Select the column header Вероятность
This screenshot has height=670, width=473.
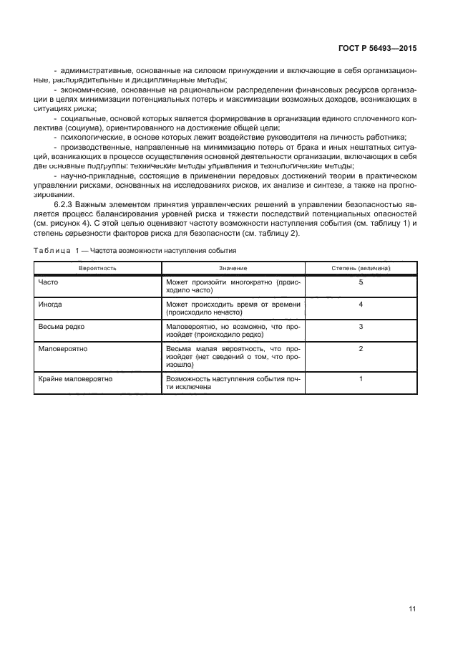pyautogui.click(x=98, y=267)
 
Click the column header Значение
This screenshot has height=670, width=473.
pyautogui.click(x=233, y=267)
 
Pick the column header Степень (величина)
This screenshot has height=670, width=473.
pyautogui.click(x=361, y=267)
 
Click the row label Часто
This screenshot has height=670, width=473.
pyautogui.click(x=48, y=282)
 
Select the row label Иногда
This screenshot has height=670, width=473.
pyautogui.click(x=50, y=305)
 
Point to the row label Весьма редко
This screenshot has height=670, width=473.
pyautogui.click(x=59, y=326)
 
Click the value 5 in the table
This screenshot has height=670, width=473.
pyautogui.click(x=361, y=282)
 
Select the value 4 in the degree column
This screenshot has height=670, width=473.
pyautogui.click(x=361, y=305)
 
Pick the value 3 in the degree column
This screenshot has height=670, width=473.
pyautogui.click(x=361, y=326)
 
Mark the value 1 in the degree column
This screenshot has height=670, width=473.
pyautogui.click(x=361, y=378)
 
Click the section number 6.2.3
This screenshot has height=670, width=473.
pyautogui.click(x=65, y=204)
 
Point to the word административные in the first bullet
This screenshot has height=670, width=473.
pyautogui.click(x=92, y=72)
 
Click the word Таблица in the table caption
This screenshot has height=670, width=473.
pyautogui.click(x=52, y=251)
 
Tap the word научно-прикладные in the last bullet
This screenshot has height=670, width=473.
pyautogui.click(x=89, y=176)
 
